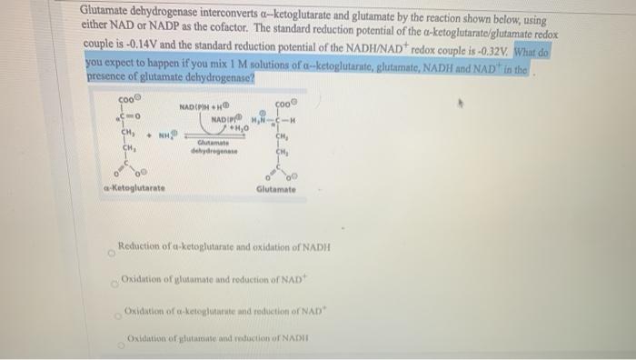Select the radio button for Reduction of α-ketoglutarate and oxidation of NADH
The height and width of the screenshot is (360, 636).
112,252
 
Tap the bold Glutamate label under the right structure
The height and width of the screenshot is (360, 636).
277,189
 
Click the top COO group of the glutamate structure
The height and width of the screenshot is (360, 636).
279,103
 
